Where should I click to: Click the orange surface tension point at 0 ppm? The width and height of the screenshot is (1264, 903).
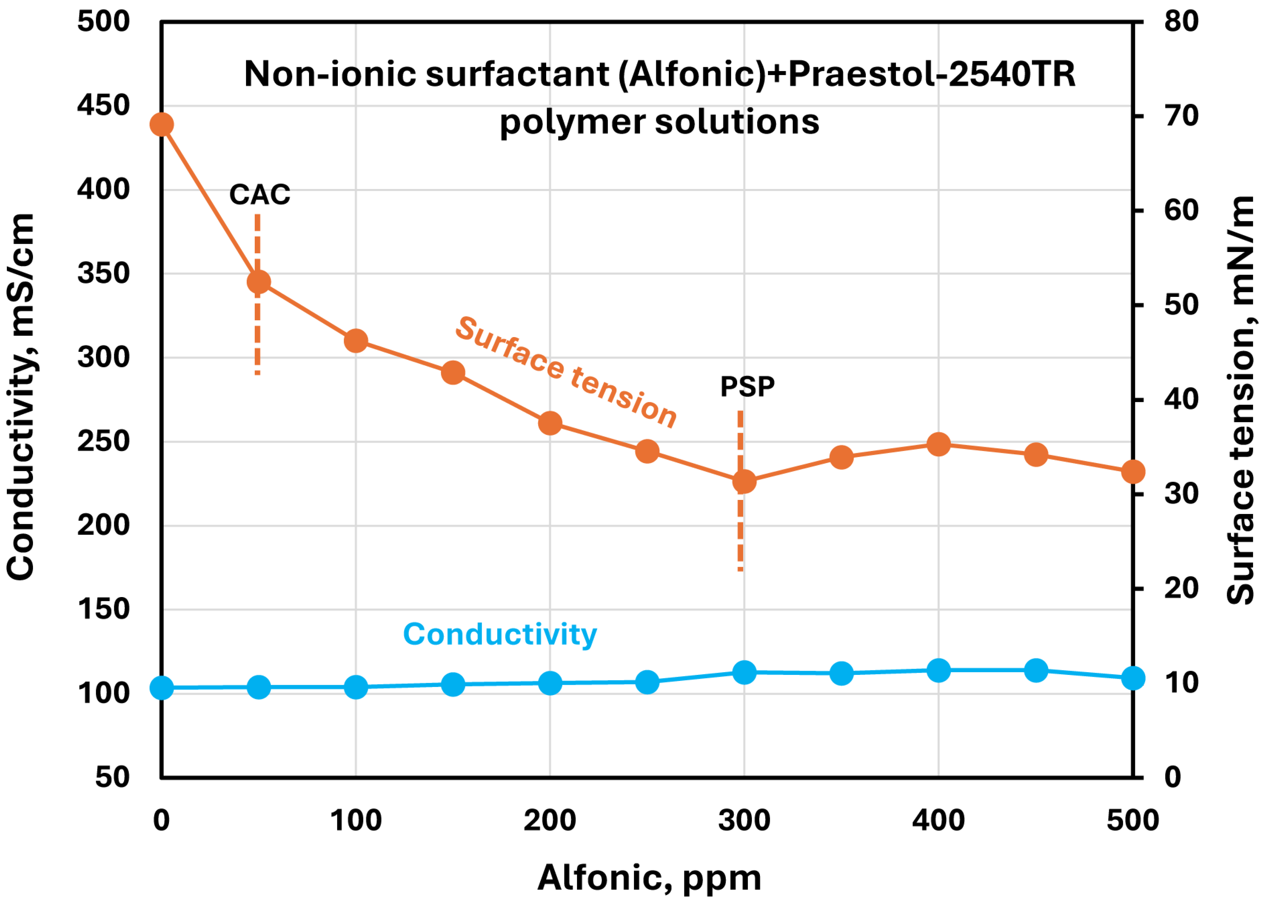161,124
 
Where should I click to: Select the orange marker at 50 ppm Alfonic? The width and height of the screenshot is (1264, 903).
258,282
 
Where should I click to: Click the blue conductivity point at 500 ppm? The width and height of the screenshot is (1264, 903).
1133,678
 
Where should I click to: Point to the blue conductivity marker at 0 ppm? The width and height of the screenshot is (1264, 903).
161,688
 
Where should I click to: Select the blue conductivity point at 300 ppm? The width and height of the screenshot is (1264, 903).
744,672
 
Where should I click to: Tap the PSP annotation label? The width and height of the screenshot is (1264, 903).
747,386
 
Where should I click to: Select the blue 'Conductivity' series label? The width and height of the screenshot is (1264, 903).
500,634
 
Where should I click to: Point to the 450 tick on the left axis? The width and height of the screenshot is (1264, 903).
103,106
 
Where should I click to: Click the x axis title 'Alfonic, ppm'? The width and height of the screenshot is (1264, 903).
649,878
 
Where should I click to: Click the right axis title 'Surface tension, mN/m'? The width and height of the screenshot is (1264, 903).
1240,400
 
